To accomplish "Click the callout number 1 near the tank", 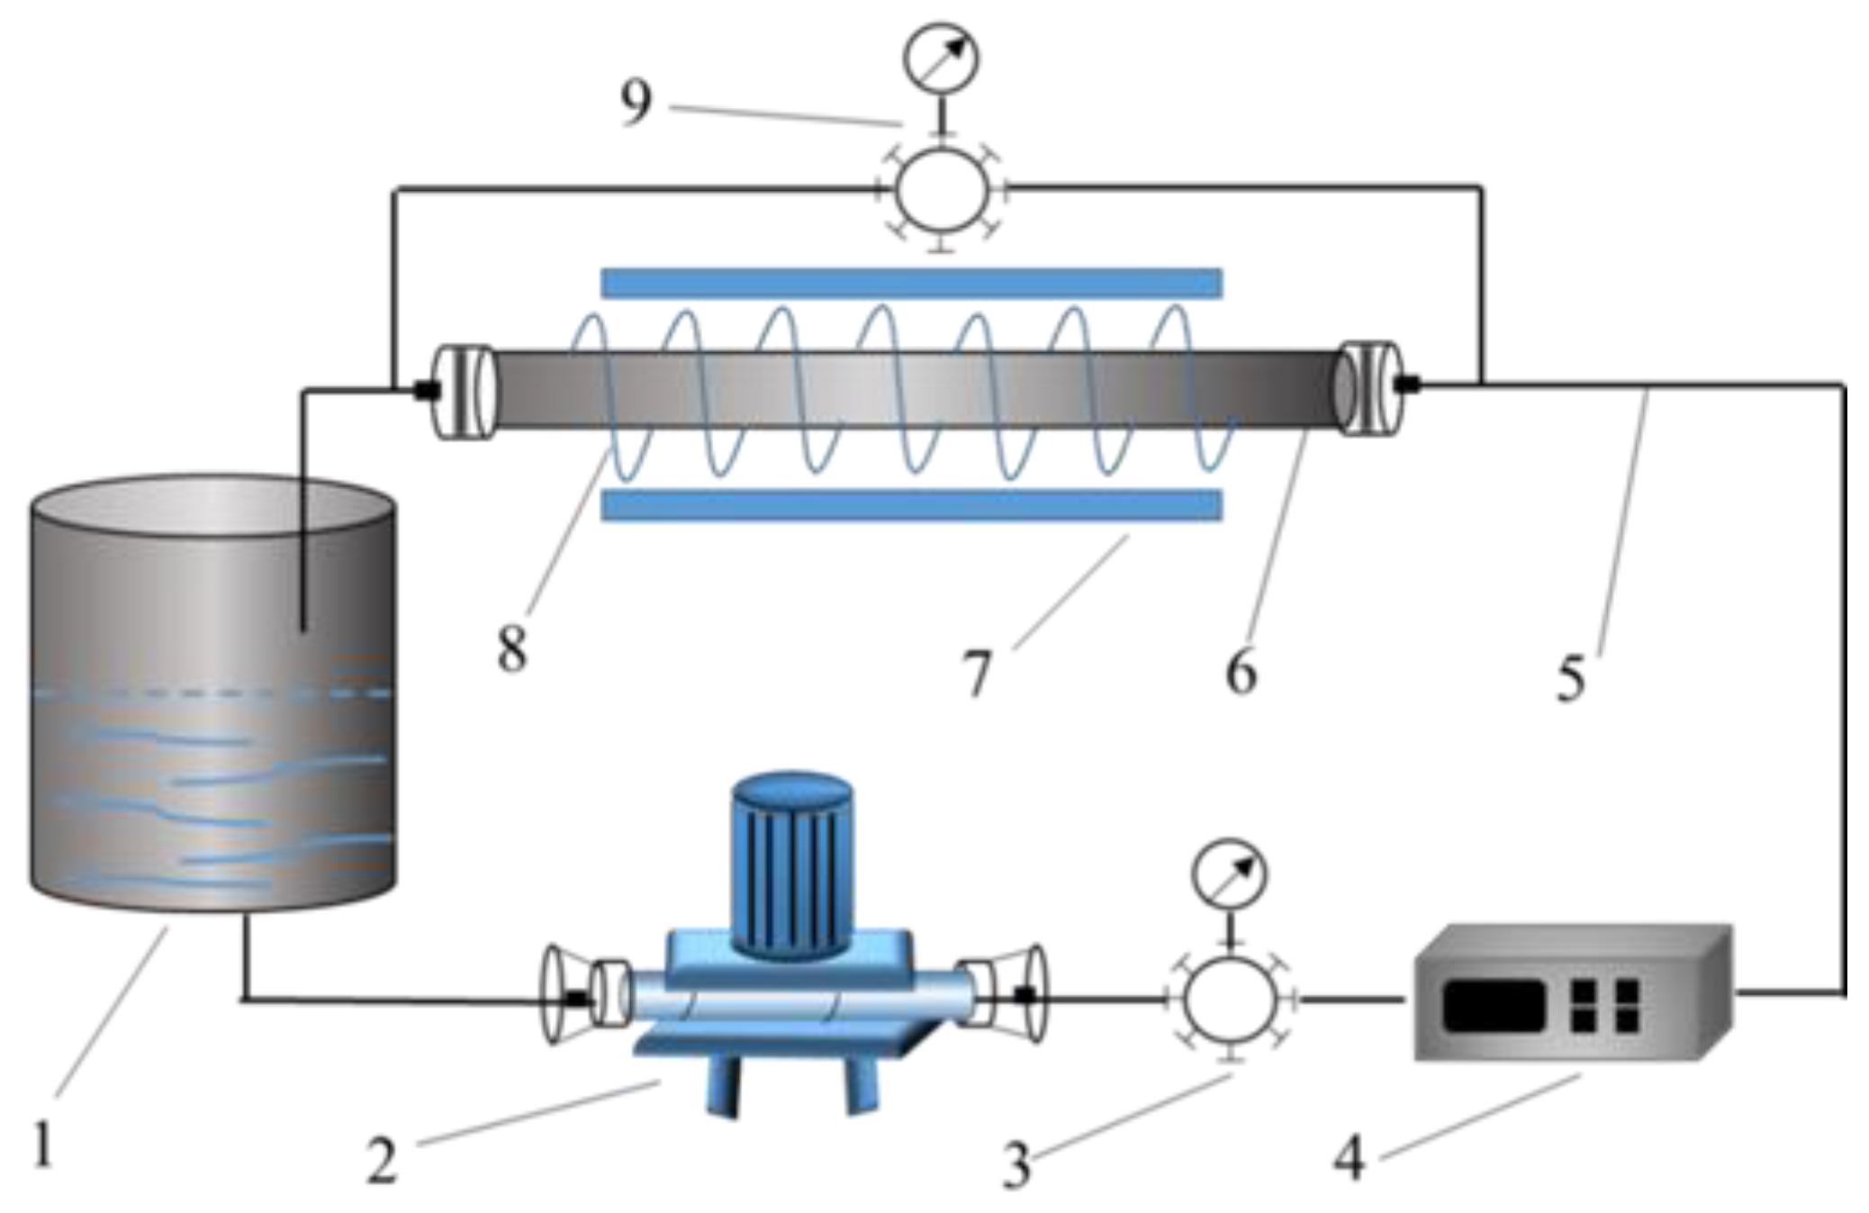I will (x=42, y=1142).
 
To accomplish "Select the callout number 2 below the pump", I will (x=382, y=1161).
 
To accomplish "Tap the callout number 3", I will (x=1016, y=1166).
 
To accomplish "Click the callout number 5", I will (x=1571, y=678).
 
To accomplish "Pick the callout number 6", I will (x=1241, y=672).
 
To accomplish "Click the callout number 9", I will (x=636, y=102).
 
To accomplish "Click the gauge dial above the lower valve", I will (x=1229, y=874).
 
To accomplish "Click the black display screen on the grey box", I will (x=1494, y=1006).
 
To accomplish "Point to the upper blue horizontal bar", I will (x=911, y=283).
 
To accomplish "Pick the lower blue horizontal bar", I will (x=911, y=506).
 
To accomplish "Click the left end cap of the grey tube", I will (x=464, y=392).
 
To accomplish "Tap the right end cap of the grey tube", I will (x=1370, y=388).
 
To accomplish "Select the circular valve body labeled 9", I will (x=942, y=191).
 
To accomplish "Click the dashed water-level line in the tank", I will (x=212, y=693).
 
